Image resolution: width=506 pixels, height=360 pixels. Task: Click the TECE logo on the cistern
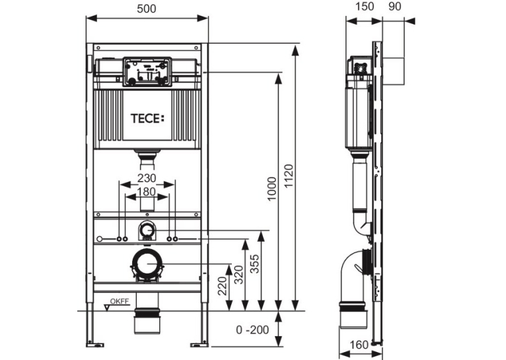[147, 118]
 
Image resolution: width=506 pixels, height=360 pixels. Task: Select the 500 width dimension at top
[147, 9]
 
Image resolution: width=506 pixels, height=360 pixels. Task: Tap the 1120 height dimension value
[289, 176]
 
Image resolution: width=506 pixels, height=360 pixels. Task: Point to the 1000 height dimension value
[272, 189]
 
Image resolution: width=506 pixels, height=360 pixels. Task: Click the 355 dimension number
[254, 264]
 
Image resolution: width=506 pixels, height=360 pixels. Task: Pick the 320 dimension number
[238, 275]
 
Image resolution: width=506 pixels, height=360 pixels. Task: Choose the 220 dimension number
[223, 286]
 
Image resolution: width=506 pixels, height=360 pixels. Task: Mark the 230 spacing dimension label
[147, 178]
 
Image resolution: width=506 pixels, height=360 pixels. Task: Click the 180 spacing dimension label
[147, 192]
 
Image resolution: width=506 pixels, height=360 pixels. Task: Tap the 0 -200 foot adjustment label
[252, 330]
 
